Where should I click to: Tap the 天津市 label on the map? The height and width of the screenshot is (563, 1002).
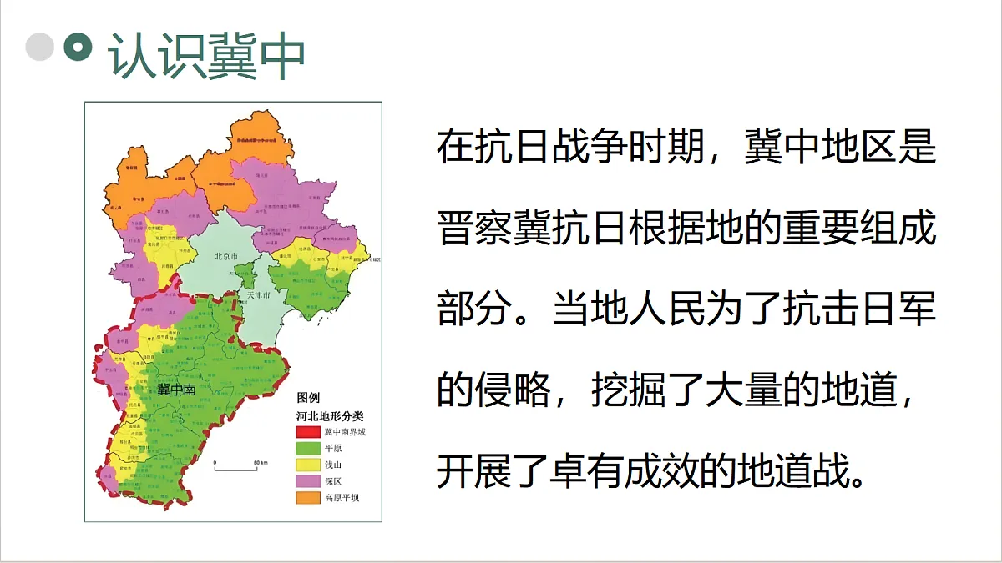pyautogui.click(x=256, y=295)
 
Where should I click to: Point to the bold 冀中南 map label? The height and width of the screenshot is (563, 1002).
pyautogui.click(x=177, y=390)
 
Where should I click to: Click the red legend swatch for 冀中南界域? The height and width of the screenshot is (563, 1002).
pyautogui.click(x=308, y=432)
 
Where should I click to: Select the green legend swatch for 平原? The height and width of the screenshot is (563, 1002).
pyautogui.click(x=308, y=449)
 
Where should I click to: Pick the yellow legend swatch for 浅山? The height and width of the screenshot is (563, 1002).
pyautogui.click(x=308, y=465)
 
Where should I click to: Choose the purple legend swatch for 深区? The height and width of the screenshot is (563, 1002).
pyautogui.click(x=308, y=482)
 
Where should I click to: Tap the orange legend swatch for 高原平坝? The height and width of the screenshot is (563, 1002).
pyautogui.click(x=308, y=499)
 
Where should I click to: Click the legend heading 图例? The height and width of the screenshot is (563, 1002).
pyautogui.click(x=308, y=399)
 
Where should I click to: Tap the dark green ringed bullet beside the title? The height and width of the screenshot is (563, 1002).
pyautogui.click(x=78, y=47)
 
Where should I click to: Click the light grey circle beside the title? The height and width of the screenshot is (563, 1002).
pyautogui.click(x=39, y=47)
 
